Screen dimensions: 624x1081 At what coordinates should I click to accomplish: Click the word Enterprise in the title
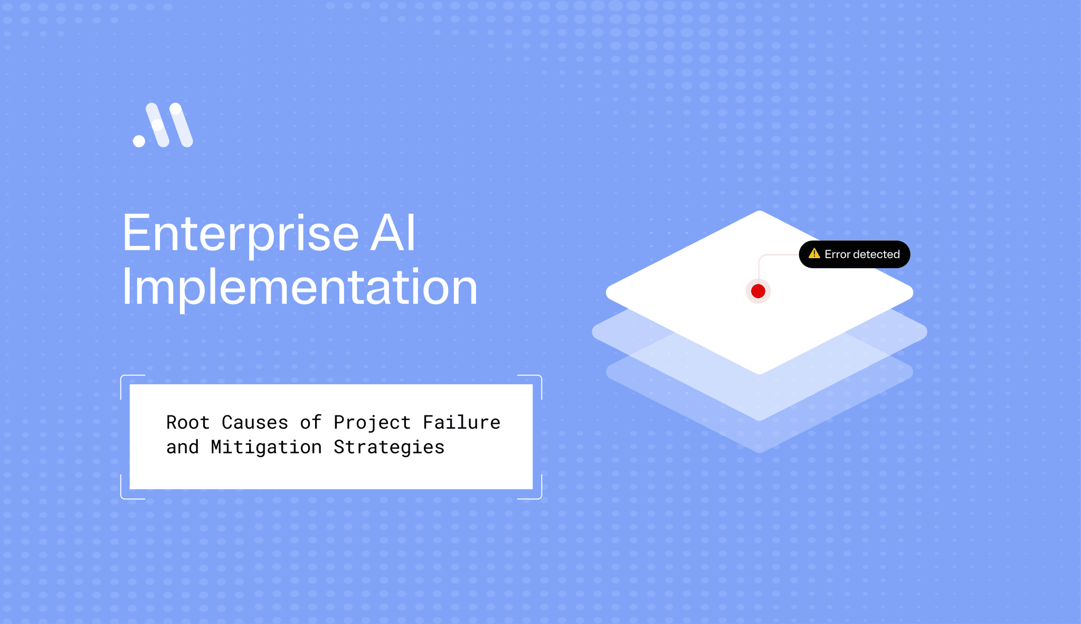click(241, 233)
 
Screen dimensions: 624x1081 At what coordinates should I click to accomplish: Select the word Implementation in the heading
click(300, 288)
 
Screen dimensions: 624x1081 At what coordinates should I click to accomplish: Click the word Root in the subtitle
click(188, 422)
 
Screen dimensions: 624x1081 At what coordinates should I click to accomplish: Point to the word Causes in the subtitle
click(255, 422)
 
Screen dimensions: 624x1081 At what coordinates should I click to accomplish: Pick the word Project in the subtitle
click(372, 423)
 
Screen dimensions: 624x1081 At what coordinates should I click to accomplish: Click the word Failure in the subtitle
click(461, 422)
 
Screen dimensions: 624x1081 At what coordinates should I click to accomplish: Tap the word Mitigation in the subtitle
click(266, 447)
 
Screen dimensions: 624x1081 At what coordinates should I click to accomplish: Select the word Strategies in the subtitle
click(389, 448)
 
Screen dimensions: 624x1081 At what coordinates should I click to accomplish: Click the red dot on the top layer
click(758, 291)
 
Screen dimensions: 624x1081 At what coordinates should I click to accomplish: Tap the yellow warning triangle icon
click(814, 253)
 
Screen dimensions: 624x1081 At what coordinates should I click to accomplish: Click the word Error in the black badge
click(837, 254)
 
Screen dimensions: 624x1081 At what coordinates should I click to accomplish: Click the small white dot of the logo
click(139, 141)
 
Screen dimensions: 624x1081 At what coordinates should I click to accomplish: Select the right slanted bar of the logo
click(181, 125)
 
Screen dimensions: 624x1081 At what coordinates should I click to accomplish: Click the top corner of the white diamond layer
click(760, 213)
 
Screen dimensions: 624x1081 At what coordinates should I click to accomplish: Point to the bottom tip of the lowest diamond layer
click(760, 451)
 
